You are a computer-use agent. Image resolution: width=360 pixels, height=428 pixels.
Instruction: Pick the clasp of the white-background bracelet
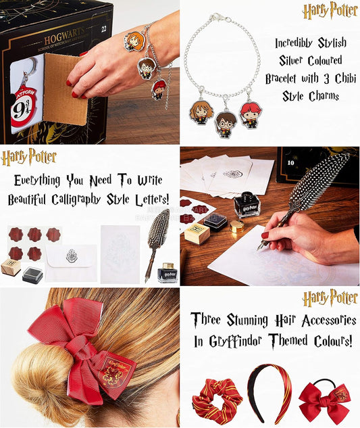pyautogui.click(x=215, y=17)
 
